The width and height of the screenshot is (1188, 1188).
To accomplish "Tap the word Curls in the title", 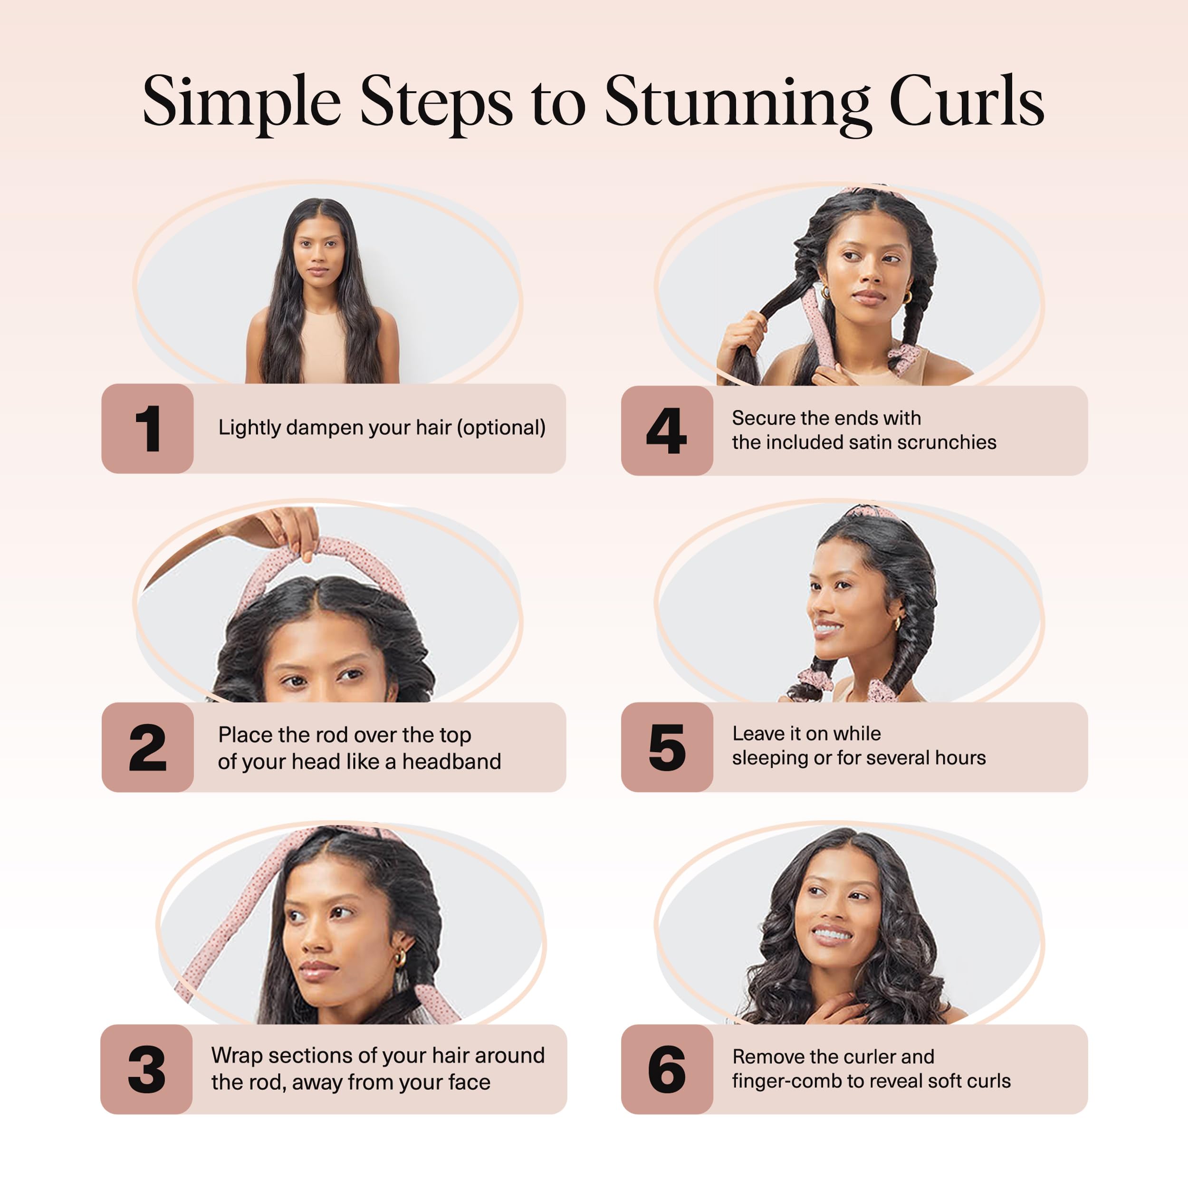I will click(x=966, y=102).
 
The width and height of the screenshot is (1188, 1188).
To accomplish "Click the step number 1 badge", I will click(x=148, y=429).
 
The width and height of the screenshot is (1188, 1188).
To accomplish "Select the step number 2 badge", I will click(x=148, y=747).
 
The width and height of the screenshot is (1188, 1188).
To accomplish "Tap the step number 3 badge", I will click(x=146, y=1069).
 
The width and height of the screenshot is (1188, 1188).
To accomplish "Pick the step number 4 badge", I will click(x=667, y=431).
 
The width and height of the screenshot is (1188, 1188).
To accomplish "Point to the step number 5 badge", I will click(x=667, y=747).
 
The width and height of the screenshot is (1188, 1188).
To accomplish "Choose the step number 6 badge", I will click(x=667, y=1069).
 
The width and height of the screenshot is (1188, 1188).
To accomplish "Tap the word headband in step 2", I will click(x=451, y=761).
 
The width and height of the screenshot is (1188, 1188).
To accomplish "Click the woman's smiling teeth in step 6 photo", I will click(x=831, y=934).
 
